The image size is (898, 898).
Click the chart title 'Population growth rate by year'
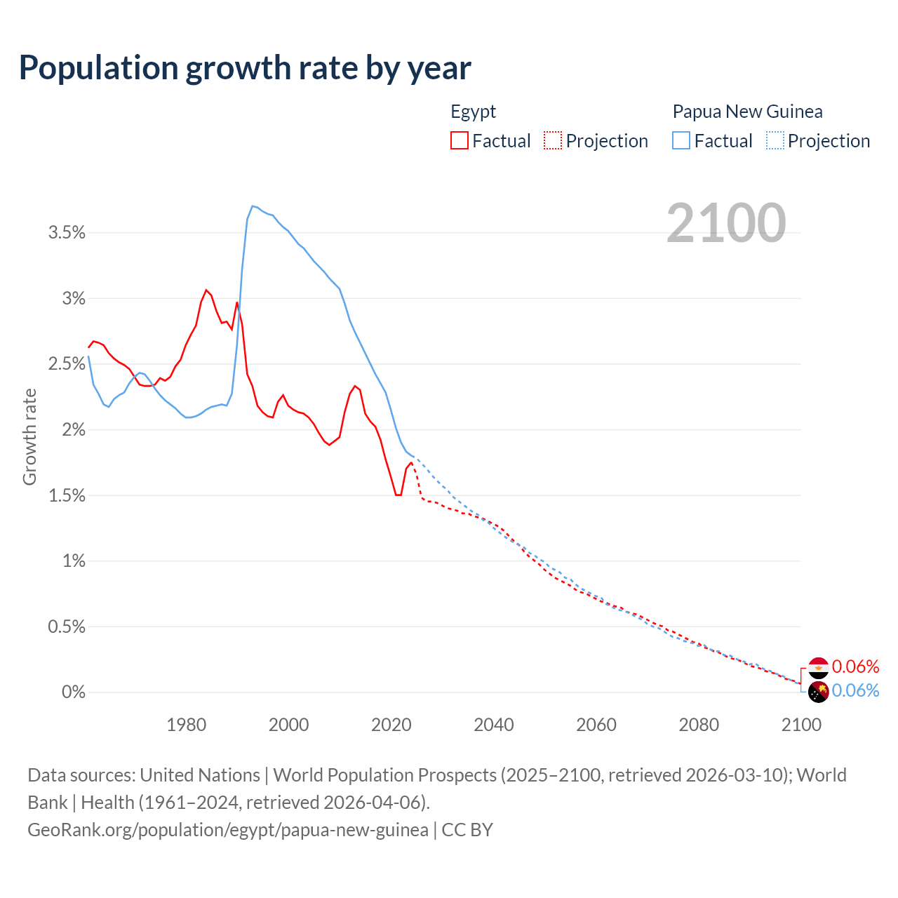tap(245, 68)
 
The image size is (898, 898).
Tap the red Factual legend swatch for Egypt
tap(459, 141)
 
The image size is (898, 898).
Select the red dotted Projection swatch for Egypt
tap(553, 141)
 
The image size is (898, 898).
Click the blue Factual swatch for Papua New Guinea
tap(681, 141)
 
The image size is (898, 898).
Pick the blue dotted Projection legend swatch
tap(775, 141)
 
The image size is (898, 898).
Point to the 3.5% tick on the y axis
tap(67, 233)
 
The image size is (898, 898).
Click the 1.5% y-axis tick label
tap(67, 496)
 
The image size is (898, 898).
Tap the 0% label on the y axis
tap(74, 692)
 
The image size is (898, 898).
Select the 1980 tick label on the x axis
tap(187, 725)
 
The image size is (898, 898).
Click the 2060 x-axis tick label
tap(596, 725)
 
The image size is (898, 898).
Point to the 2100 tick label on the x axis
tap(801, 725)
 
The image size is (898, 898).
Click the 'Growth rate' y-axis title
tap(29, 437)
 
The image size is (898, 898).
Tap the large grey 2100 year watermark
tap(726, 223)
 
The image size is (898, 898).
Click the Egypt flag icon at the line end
tap(819, 667)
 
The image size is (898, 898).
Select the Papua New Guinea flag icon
tap(819, 692)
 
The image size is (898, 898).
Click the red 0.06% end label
tap(855, 666)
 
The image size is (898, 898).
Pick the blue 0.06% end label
tap(855, 691)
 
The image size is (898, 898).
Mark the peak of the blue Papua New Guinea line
tap(253, 206)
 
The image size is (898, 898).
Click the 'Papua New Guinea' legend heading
tap(747, 112)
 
